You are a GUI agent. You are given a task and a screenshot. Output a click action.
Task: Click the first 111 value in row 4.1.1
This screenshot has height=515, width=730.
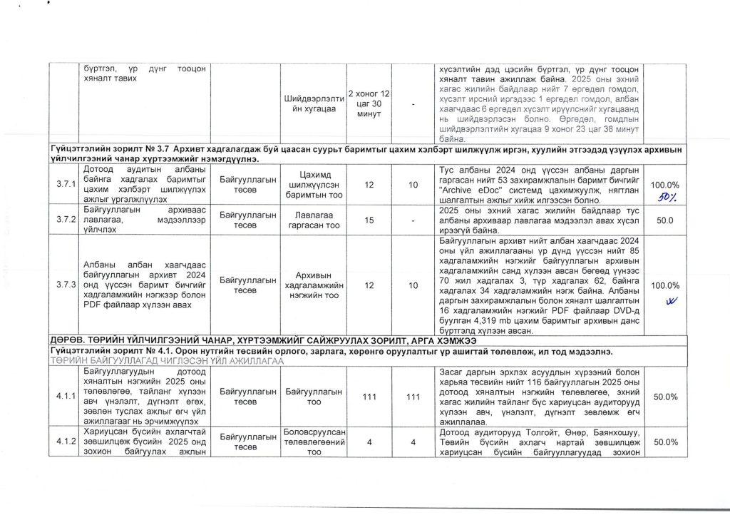pos(369,396)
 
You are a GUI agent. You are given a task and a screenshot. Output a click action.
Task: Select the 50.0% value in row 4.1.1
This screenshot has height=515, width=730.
pos(664,396)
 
